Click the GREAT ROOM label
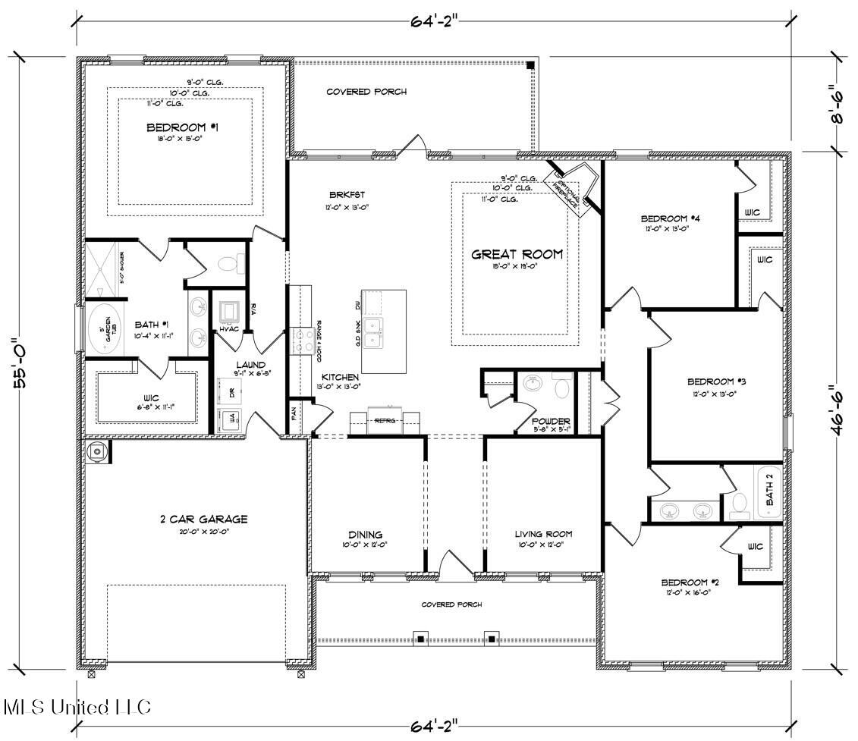click(x=517, y=255)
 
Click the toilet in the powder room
click(x=562, y=388)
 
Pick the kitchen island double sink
click(x=373, y=332)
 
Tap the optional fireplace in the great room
click(x=572, y=190)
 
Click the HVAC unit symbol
click(x=228, y=312)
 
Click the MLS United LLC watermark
click(x=77, y=708)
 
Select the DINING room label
click(x=366, y=534)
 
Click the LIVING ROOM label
click(x=542, y=534)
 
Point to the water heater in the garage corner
click(x=96, y=451)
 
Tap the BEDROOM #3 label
click(x=711, y=381)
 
